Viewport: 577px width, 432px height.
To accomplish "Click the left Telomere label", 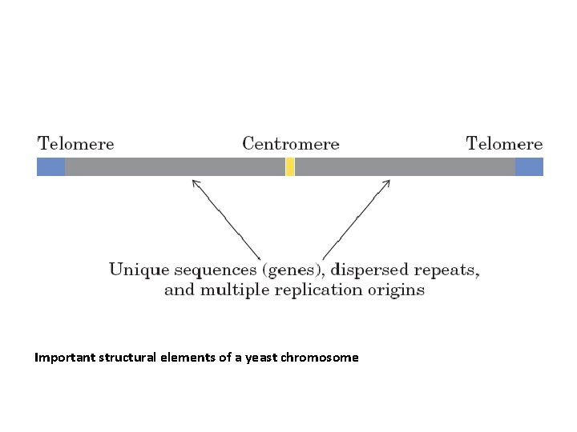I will (x=76, y=145).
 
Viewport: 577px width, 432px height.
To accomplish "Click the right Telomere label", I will (x=504, y=145).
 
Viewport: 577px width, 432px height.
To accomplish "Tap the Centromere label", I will (x=290, y=145).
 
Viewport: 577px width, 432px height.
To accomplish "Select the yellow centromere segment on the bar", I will (x=290, y=166).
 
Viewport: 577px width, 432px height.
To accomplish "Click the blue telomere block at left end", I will (x=50, y=166).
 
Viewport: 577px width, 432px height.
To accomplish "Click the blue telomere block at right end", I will (x=529, y=166).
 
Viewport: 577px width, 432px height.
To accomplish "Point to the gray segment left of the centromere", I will (x=175, y=166).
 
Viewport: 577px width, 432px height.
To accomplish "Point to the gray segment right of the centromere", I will (x=405, y=166).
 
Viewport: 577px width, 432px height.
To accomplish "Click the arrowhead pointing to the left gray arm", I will (x=195, y=182).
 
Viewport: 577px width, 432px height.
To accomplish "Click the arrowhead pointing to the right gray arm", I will (x=385, y=183).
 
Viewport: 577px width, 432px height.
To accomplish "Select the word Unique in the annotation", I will (x=134, y=270).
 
